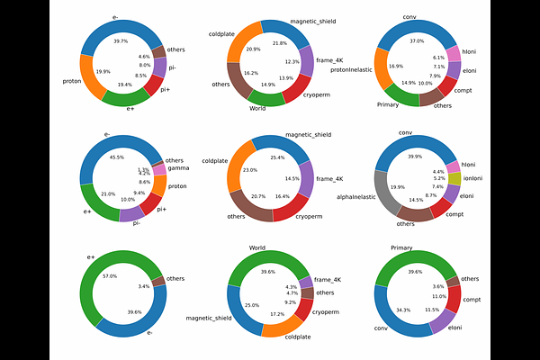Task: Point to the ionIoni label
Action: pos(476,178)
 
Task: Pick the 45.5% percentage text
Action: pos(117,157)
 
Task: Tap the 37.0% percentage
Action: pos(417,41)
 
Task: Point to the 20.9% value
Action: pos(255,49)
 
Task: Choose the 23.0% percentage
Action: pos(249,170)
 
